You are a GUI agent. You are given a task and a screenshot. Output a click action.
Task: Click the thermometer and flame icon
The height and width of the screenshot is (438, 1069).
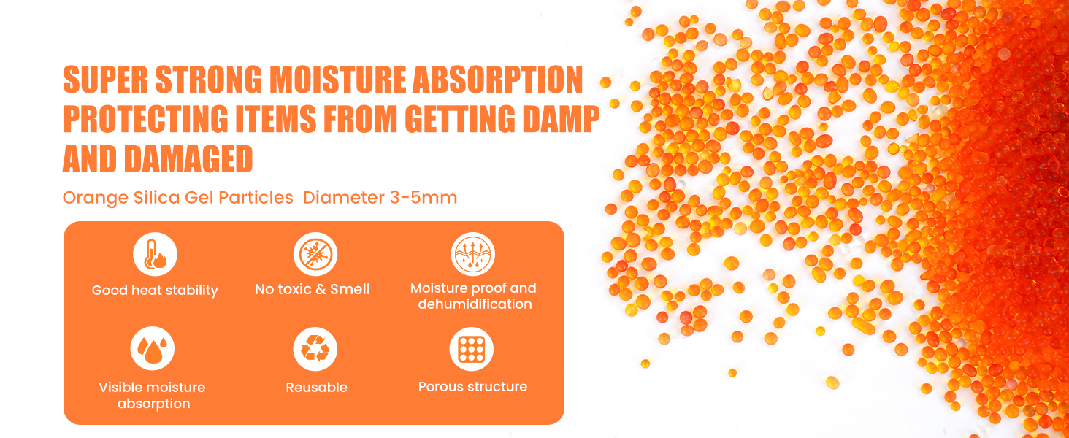pos(155,254)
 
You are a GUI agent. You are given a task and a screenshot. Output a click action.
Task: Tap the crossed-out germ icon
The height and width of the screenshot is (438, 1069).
pos(315,254)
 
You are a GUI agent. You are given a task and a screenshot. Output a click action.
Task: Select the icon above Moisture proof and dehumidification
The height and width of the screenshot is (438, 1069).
pos(473,254)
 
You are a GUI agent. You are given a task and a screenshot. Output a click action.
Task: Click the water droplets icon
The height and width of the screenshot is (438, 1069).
pos(152,348)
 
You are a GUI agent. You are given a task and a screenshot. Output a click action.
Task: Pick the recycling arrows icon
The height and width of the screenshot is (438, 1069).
pos(315,349)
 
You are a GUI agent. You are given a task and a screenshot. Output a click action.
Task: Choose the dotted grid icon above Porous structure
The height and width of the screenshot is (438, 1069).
pos(472,349)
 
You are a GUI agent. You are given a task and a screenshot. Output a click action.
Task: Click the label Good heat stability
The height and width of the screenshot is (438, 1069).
pos(155,290)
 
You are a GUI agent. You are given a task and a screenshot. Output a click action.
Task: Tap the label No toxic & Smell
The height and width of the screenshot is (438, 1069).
pos(312,289)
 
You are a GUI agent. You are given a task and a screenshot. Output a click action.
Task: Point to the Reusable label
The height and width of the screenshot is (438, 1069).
pos(316,387)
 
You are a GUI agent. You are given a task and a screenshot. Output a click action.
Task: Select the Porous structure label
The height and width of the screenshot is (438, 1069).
pos(473,386)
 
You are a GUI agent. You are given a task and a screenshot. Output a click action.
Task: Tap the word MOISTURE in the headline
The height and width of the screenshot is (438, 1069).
pos(337,79)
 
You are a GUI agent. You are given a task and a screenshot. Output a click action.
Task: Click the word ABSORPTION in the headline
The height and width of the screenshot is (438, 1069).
pos(498,79)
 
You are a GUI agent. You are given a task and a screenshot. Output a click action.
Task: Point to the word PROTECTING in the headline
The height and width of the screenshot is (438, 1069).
pos(145,119)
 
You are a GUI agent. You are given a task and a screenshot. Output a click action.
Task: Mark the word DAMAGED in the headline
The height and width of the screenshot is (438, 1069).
pos(188,159)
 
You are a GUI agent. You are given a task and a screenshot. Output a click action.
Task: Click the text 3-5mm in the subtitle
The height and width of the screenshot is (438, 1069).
pos(424,198)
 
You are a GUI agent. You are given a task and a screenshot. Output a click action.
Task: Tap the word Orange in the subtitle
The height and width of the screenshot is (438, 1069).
pos(96,198)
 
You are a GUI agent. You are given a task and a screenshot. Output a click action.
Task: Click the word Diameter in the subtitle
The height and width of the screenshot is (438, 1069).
pos(344,198)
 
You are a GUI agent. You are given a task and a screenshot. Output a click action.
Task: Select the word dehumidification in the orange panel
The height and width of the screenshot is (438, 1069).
pos(475,304)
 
